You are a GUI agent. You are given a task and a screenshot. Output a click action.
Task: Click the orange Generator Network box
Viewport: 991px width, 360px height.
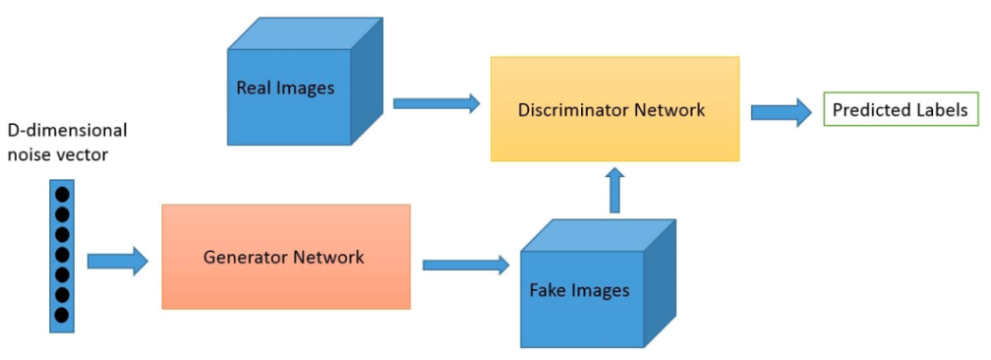(x=285, y=257)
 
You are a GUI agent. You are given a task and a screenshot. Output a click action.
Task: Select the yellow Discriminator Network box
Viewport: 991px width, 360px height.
(x=614, y=108)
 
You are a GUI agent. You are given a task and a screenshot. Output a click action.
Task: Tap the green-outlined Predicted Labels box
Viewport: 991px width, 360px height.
(x=901, y=109)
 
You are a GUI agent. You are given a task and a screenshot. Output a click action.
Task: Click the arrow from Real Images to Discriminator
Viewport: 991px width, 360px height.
(x=436, y=102)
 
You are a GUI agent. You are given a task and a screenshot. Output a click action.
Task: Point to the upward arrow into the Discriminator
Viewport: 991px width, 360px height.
(x=615, y=190)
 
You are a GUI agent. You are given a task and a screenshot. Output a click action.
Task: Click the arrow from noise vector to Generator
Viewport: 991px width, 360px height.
(x=117, y=261)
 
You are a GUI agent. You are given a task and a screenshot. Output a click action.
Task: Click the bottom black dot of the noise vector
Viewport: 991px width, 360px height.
(x=62, y=315)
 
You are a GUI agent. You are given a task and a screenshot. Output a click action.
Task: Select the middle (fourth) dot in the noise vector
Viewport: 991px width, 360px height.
(x=62, y=255)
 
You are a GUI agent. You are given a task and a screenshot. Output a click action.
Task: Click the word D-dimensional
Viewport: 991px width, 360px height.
(x=67, y=131)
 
